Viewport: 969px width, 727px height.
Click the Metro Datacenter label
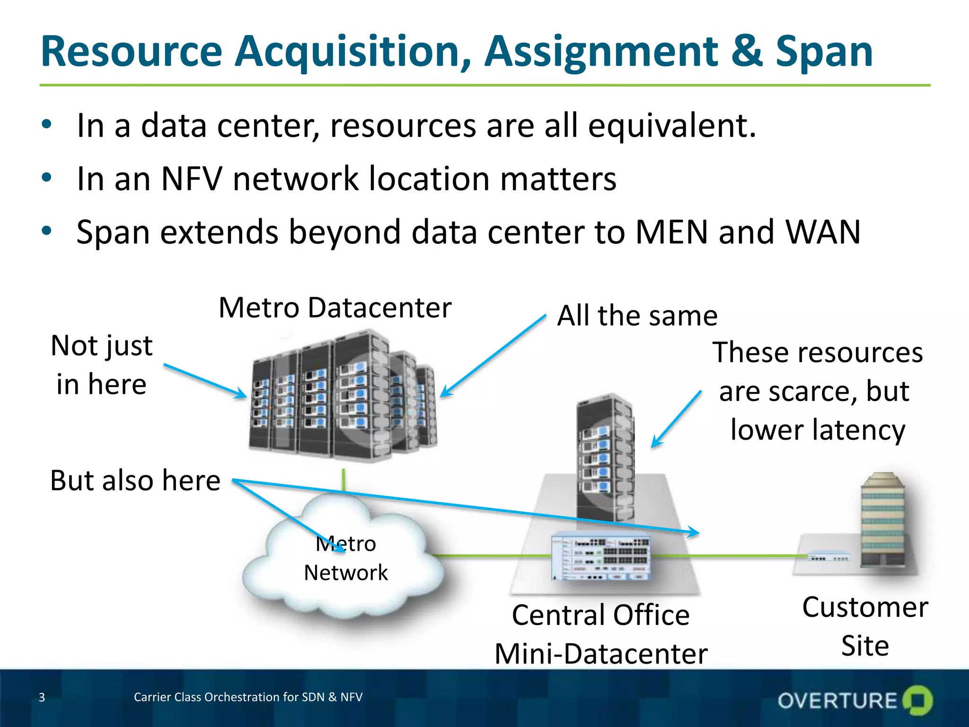335,308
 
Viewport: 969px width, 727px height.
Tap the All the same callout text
637,316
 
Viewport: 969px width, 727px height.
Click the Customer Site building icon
883,521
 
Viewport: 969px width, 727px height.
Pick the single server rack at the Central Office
605,457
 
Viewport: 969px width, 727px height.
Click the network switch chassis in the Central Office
601,556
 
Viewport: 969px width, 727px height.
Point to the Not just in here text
101,364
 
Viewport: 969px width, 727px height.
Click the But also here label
135,480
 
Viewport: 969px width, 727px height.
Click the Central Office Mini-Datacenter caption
601,634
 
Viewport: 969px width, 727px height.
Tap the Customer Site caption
865,626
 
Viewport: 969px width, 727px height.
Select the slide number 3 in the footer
42,697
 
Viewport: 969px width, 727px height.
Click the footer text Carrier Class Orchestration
248,697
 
